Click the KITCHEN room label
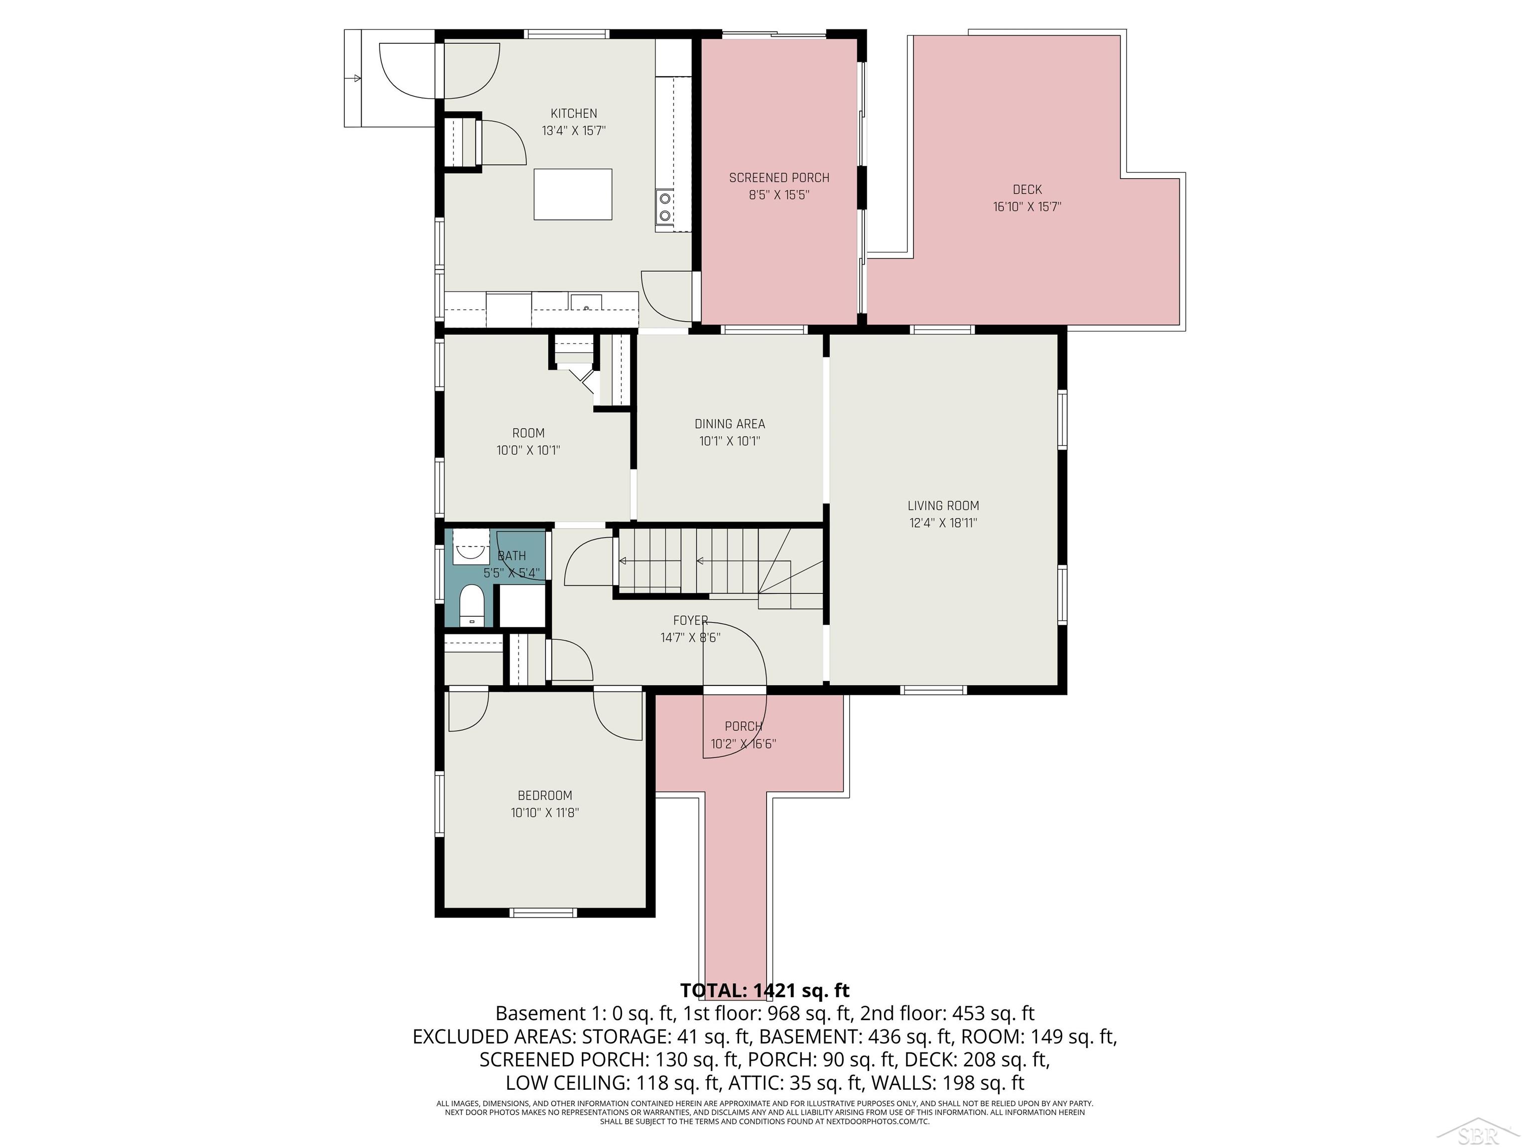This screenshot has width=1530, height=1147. point(573,114)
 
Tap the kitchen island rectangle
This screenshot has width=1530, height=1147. point(573,194)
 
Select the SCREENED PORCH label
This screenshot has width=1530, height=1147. point(779,178)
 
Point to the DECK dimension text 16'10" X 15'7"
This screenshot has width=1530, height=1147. point(1026,207)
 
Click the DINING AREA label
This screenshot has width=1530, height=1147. point(730,424)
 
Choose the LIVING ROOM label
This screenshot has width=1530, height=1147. point(943,505)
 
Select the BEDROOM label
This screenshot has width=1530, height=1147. point(545,796)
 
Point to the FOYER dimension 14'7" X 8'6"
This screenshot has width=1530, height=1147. point(690,637)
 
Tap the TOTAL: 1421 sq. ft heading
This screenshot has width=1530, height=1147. point(765,990)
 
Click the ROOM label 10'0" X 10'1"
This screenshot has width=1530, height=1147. point(528,434)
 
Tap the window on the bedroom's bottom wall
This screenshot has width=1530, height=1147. point(543,913)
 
